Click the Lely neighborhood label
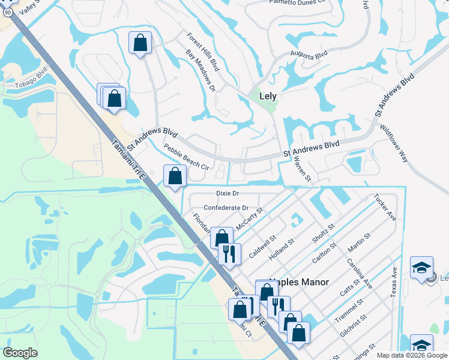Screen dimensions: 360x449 [x=267, y=95]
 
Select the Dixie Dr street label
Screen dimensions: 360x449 [x=228, y=193]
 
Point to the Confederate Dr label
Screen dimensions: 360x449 [x=226, y=208]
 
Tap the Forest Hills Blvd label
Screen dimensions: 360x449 [x=202, y=52]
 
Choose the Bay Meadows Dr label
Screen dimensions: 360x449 [x=200, y=71]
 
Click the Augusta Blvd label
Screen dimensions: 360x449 [x=309, y=55]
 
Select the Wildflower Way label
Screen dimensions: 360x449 [x=394, y=143]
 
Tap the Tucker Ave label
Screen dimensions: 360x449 [x=385, y=207]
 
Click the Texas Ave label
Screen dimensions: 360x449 [x=394, y=282]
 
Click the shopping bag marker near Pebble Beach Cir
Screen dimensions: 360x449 [x=175, y=176]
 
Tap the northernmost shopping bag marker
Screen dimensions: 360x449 [x=140, y=43]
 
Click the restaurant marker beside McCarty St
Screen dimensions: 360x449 [x=229, y=254]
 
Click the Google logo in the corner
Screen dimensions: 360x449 [x=20, y=353]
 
